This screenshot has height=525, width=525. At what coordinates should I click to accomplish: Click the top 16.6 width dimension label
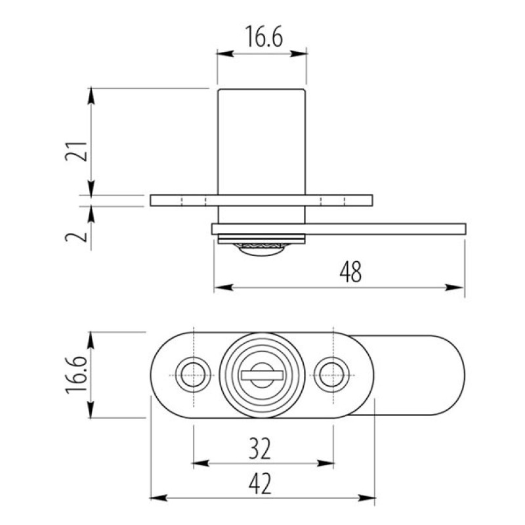(x=264, y=36)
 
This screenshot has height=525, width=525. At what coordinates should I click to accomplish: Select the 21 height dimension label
(x=76, y=152)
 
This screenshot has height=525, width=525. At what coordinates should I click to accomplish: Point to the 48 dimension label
(x=350, y=272)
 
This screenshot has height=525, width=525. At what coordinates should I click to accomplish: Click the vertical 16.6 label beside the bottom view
(x=76, y=375)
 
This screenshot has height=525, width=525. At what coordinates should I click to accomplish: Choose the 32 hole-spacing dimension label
(x=259, y=448)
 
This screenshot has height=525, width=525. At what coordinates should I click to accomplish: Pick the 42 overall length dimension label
(x=260, y=484)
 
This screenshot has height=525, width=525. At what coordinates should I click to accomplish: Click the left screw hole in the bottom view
(x=193, y=375)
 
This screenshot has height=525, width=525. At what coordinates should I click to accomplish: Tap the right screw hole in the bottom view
(x=332, y=375)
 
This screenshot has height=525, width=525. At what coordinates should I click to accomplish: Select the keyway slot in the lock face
(x=262, y=375)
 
